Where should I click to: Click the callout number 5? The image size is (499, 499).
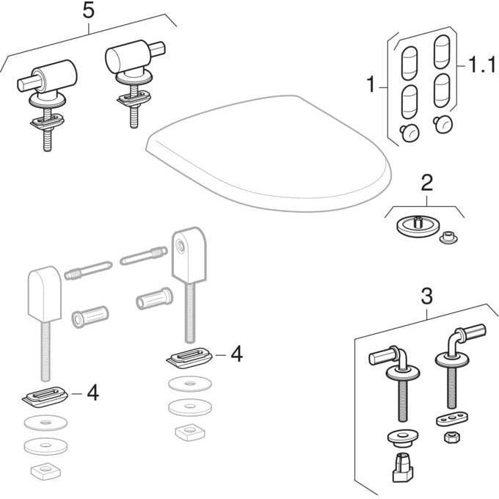pyautogui.click(x=89, y=11)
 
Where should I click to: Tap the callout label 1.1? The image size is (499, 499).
pyautogui.click(x=482, y=65)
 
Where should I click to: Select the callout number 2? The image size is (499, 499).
pyautogui.click(x=427, y=183)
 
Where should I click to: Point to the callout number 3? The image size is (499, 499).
pyautogui.click(x=427, y=296)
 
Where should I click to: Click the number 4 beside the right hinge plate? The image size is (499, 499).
pyautogui.click(x=236, y=354)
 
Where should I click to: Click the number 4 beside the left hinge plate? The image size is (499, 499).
pyautogui.click(x=92, y=393)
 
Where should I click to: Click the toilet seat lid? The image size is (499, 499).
pyautogui.click(x=269, y=153)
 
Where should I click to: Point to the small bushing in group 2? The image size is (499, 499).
pyautogui.click(x=448, y=237)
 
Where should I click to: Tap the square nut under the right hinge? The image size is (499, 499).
pyautogui.click(x=190, y=432)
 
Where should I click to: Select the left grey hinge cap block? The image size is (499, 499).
pyautogui.click(x=44, y=294)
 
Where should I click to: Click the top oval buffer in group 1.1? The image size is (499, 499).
pyautogui.click(x=442, y=51)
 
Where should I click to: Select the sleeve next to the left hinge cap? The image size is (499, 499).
pyautogui.click(x=90, y=316)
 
